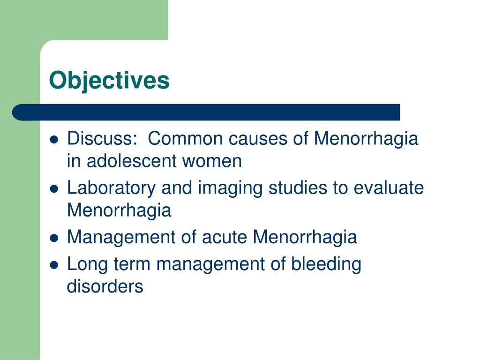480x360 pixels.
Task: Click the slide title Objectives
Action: click(x=109, y=80)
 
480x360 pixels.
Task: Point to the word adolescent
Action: click(x=131, y=161)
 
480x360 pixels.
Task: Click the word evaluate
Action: click(x=389, y=188)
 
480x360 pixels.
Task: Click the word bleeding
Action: click(x=326, y=264)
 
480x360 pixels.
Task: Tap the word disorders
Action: click(x=105, y=286)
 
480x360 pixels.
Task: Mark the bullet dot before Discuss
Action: click(x=54, y=140)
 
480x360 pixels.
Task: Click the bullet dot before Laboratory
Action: click(x=54, y=189)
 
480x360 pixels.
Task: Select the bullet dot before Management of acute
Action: click(x=54, y=238)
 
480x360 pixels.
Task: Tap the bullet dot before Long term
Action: click(x=54, y=265)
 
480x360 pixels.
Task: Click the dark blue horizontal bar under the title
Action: click(x=206, y=112)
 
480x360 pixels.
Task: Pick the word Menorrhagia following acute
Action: click(x=305, y=238)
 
